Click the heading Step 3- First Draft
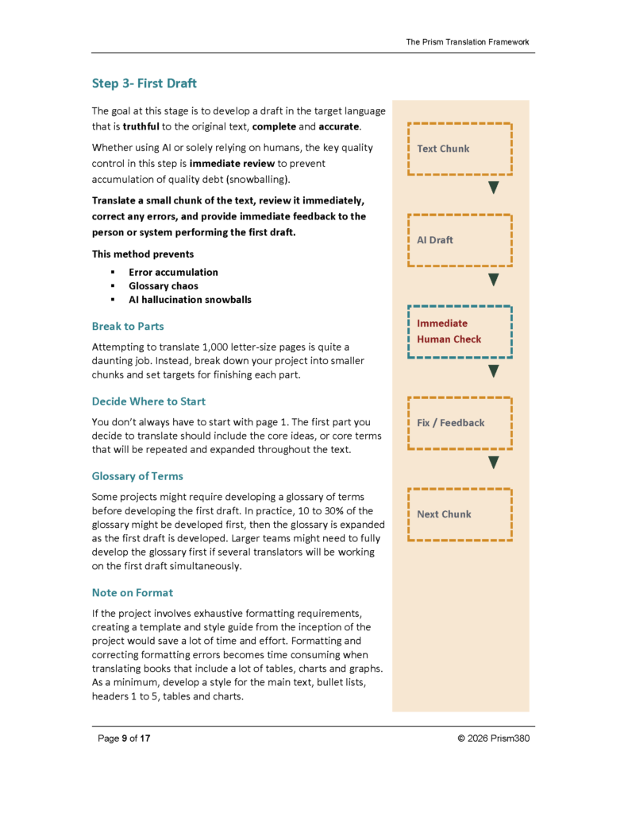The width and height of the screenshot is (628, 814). [x=144, y=83]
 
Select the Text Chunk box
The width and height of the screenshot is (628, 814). [x=460, y=149]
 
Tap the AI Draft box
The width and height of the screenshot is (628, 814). [x=460, y=240]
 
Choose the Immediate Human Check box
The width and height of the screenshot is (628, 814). [x=460, y=331]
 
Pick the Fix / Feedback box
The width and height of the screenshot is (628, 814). [x=460, y=423]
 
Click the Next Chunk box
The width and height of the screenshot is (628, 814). [x=460, y=514]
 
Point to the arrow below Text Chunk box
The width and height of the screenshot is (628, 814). [x=493, y=188]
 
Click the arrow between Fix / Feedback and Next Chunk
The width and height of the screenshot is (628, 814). [x=493, y=463]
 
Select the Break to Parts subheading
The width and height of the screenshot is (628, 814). [x=128, y=327]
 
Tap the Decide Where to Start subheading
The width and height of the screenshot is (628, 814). [x=148, y=401]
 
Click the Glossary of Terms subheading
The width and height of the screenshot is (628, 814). [x=137, y=476]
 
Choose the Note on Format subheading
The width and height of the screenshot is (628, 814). [x=132, y=592]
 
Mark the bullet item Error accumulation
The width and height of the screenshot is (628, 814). [x=173, y=272]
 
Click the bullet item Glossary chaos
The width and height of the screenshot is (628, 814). [x=164, y=285]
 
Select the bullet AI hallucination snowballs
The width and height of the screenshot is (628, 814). [x=190, y=300]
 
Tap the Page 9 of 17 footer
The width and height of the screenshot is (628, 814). [x=124, y=738]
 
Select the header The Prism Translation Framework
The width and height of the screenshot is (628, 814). [x=467, y=42]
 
